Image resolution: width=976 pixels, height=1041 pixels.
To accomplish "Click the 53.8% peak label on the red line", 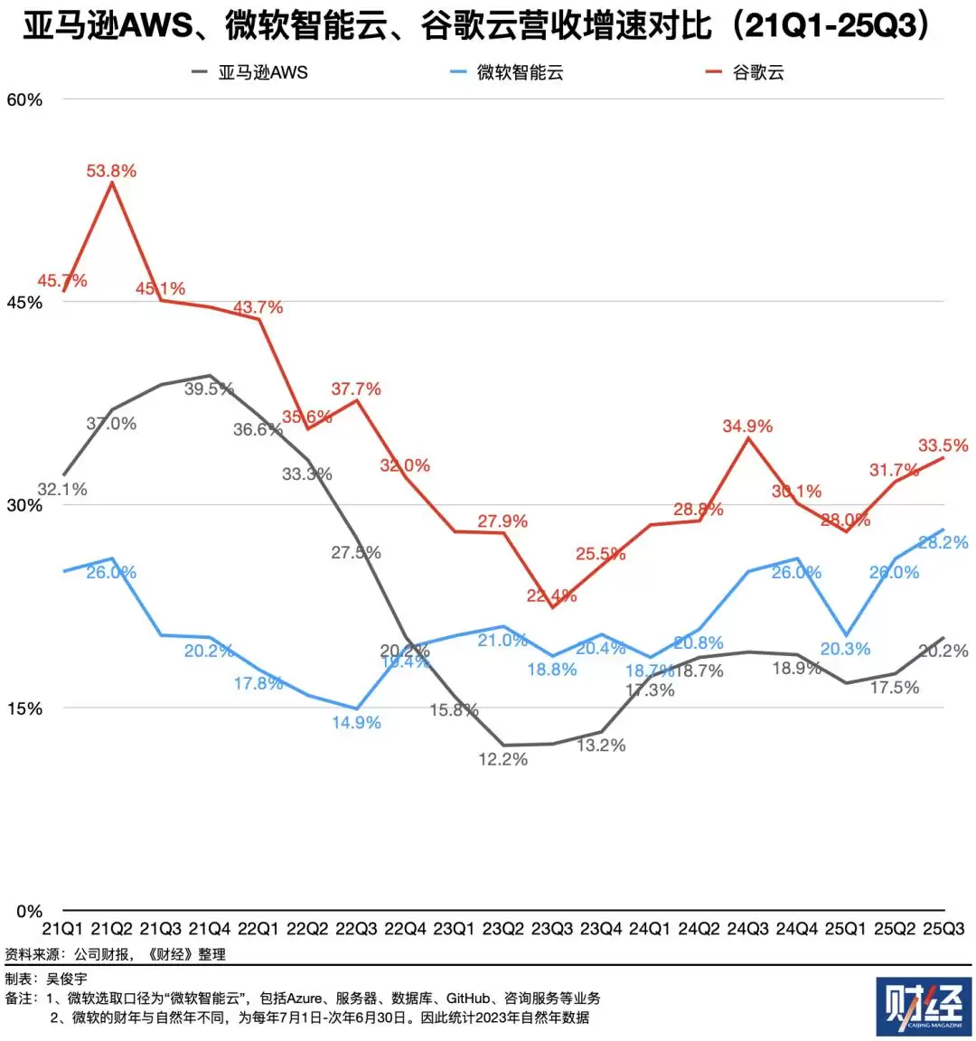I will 111,171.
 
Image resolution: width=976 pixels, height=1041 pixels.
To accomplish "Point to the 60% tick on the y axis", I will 24,99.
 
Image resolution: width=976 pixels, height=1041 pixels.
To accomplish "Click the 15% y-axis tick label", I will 24,708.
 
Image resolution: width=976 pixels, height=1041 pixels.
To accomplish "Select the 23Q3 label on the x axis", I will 552,929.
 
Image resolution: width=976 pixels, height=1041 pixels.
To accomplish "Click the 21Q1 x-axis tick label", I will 63,929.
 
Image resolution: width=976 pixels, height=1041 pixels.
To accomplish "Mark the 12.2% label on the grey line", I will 502,760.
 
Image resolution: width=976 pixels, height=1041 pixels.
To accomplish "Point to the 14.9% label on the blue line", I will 356,723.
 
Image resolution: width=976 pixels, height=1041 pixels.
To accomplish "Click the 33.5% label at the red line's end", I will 943,445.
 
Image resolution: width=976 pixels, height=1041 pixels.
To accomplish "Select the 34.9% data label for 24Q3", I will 747,426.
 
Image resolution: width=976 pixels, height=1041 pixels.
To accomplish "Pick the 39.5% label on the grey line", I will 209,389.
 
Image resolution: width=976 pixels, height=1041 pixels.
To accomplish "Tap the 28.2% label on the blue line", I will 943,542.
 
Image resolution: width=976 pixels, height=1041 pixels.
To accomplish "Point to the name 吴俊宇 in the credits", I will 67,980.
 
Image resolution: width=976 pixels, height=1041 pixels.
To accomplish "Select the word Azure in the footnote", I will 304,999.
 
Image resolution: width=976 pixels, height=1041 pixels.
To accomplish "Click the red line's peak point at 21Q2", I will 111,183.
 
